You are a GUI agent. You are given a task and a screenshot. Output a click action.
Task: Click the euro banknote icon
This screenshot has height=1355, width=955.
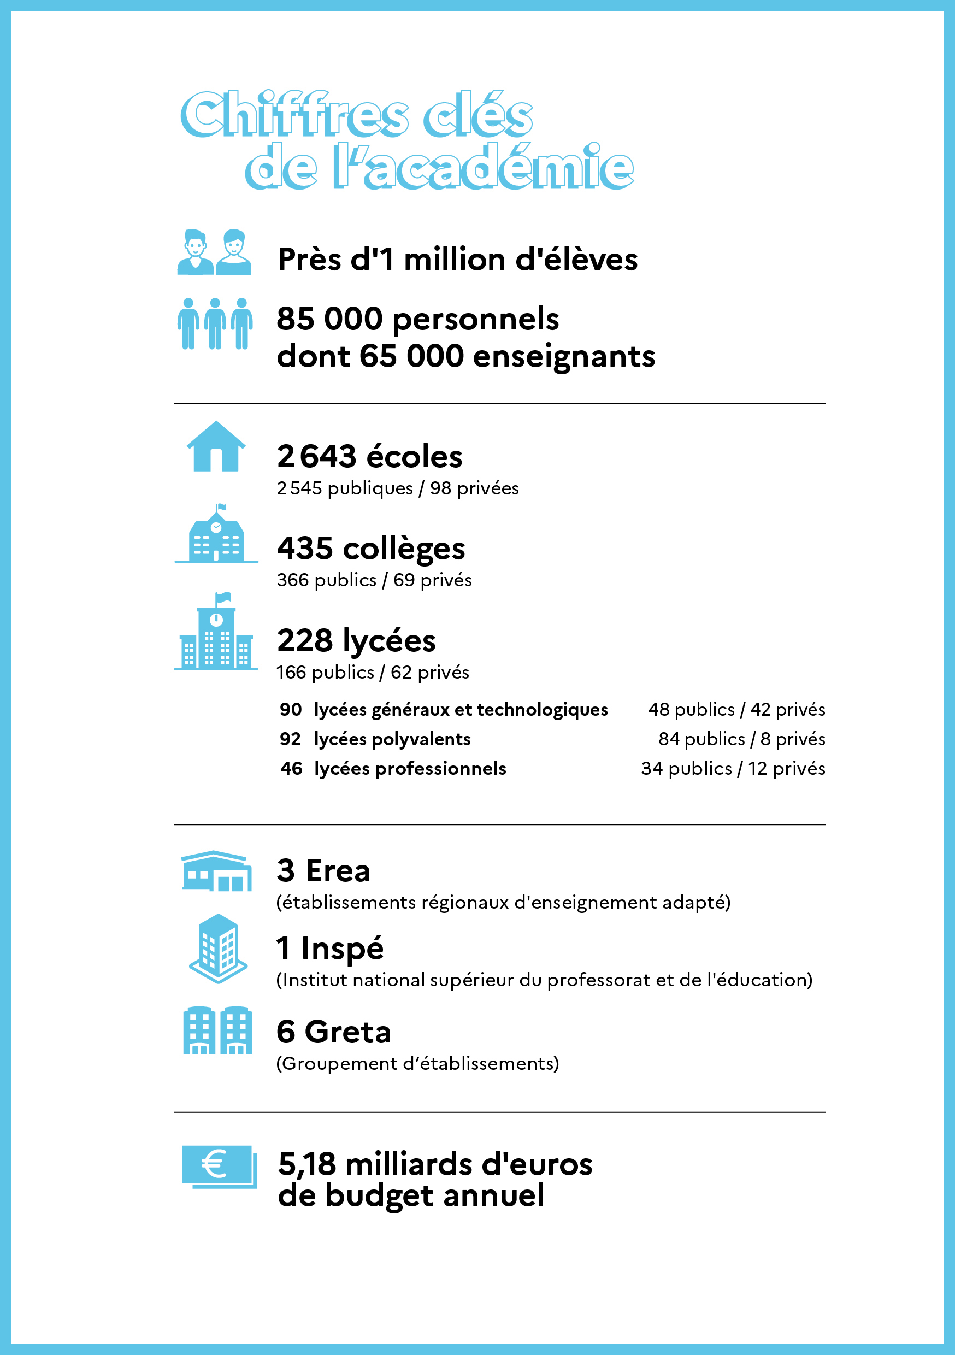click(x=219, y=1166)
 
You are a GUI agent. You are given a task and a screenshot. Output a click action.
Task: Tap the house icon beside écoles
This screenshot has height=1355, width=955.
click(x=216, y=447)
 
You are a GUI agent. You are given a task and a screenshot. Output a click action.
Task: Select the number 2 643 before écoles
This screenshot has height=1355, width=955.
click(x=316, y=457)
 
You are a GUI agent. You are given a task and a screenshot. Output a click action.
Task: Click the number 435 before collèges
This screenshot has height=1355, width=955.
click(x=304, y=548)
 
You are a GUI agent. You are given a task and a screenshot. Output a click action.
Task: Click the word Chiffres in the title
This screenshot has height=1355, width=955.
click(x=294, y=115)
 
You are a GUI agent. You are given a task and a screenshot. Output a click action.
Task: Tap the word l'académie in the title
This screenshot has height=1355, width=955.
click(x=483, y=168)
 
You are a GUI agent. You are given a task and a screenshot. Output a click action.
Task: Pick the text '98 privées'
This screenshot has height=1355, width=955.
click(x=474, y=488)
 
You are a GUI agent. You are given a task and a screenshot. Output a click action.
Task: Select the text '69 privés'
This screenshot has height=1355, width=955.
click(x=433, y=580)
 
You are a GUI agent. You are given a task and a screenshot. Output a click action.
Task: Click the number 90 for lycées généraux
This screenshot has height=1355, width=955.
click(x=291, y=709)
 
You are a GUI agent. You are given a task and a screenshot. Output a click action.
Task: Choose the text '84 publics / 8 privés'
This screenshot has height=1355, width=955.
click(x=741, y=739)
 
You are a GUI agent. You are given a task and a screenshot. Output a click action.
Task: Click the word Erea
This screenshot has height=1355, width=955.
click(x=338, y=871)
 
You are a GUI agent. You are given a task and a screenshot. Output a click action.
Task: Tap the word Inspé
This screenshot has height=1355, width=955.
click(x=342, y=949)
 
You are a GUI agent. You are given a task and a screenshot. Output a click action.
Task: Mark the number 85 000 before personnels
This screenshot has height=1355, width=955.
click(x=329, y=319)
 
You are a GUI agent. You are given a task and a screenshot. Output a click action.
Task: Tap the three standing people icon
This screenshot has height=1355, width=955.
click(x=215, y=323)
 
